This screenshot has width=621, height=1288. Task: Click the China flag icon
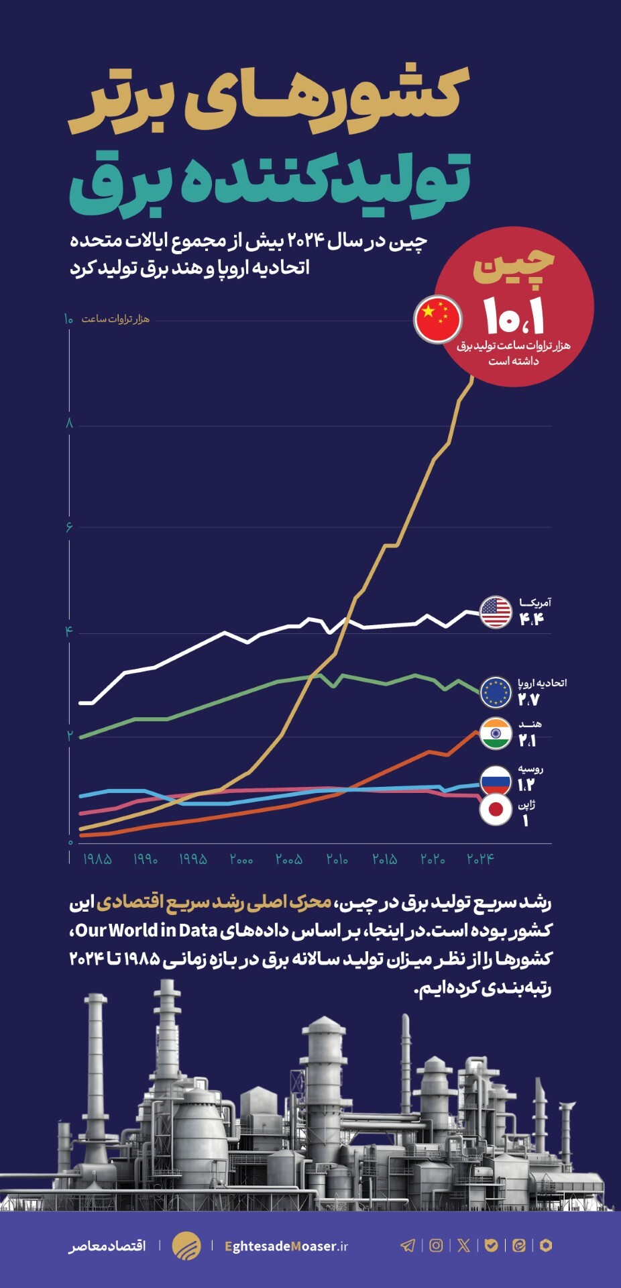pos(438,319)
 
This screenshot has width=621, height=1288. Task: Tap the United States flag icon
pos(496,612)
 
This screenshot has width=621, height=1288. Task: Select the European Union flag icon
pos(496,692)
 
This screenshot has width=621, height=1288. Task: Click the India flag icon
pos(496,734)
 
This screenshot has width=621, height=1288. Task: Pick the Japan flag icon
pos(496,810)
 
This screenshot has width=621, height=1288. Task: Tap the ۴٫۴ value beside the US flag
pos(531,619)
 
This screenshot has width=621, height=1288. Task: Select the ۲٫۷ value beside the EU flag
pos(528,700)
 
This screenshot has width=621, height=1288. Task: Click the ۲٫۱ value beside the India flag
pos(527,741)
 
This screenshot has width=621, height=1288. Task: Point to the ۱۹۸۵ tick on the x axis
pos(97,859)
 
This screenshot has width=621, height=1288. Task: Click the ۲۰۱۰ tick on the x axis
pos(337,859)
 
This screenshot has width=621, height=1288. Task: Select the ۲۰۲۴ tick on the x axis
pos(480,859)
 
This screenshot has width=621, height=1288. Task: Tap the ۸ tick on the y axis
pos(69,423)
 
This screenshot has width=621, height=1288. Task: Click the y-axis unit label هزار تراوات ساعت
pos(115,319)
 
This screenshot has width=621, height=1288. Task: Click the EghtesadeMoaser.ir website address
pos(286,1246)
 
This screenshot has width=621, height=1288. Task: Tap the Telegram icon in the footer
pos(407,1246)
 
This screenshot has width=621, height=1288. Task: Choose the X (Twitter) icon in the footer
pos(463,1246)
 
